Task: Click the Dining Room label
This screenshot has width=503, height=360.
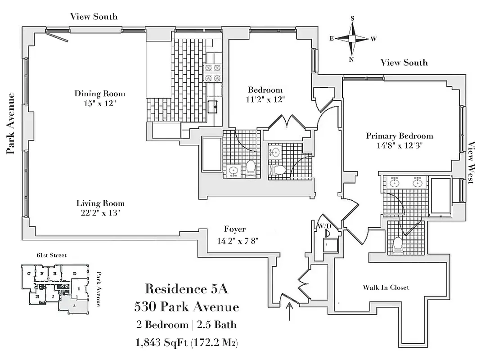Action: (x=100, y=94)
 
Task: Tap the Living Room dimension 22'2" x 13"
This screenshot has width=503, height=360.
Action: (x=100, y=212)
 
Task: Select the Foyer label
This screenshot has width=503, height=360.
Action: (x=235, y=229)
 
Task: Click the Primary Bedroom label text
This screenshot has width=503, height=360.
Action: (x=400, y=136)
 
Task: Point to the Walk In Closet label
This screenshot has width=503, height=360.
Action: (x=386, y=287)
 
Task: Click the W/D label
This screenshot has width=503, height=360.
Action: (x=324, y=226)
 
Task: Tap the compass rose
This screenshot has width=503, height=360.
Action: (x=352, y=39)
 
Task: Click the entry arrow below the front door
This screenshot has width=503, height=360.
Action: (x=288, y=311)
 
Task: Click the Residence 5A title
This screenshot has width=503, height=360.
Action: (x=186, y=289)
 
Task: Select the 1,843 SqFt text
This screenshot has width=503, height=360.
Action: (x=161, y=343)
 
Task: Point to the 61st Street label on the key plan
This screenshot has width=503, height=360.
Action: (x=51, y=255)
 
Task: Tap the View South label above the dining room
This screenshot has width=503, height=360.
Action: (x=94, y=17)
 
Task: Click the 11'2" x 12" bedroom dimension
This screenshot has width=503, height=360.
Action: (x=265, y=99)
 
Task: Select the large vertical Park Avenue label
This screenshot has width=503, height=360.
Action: (x=11, y=123)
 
